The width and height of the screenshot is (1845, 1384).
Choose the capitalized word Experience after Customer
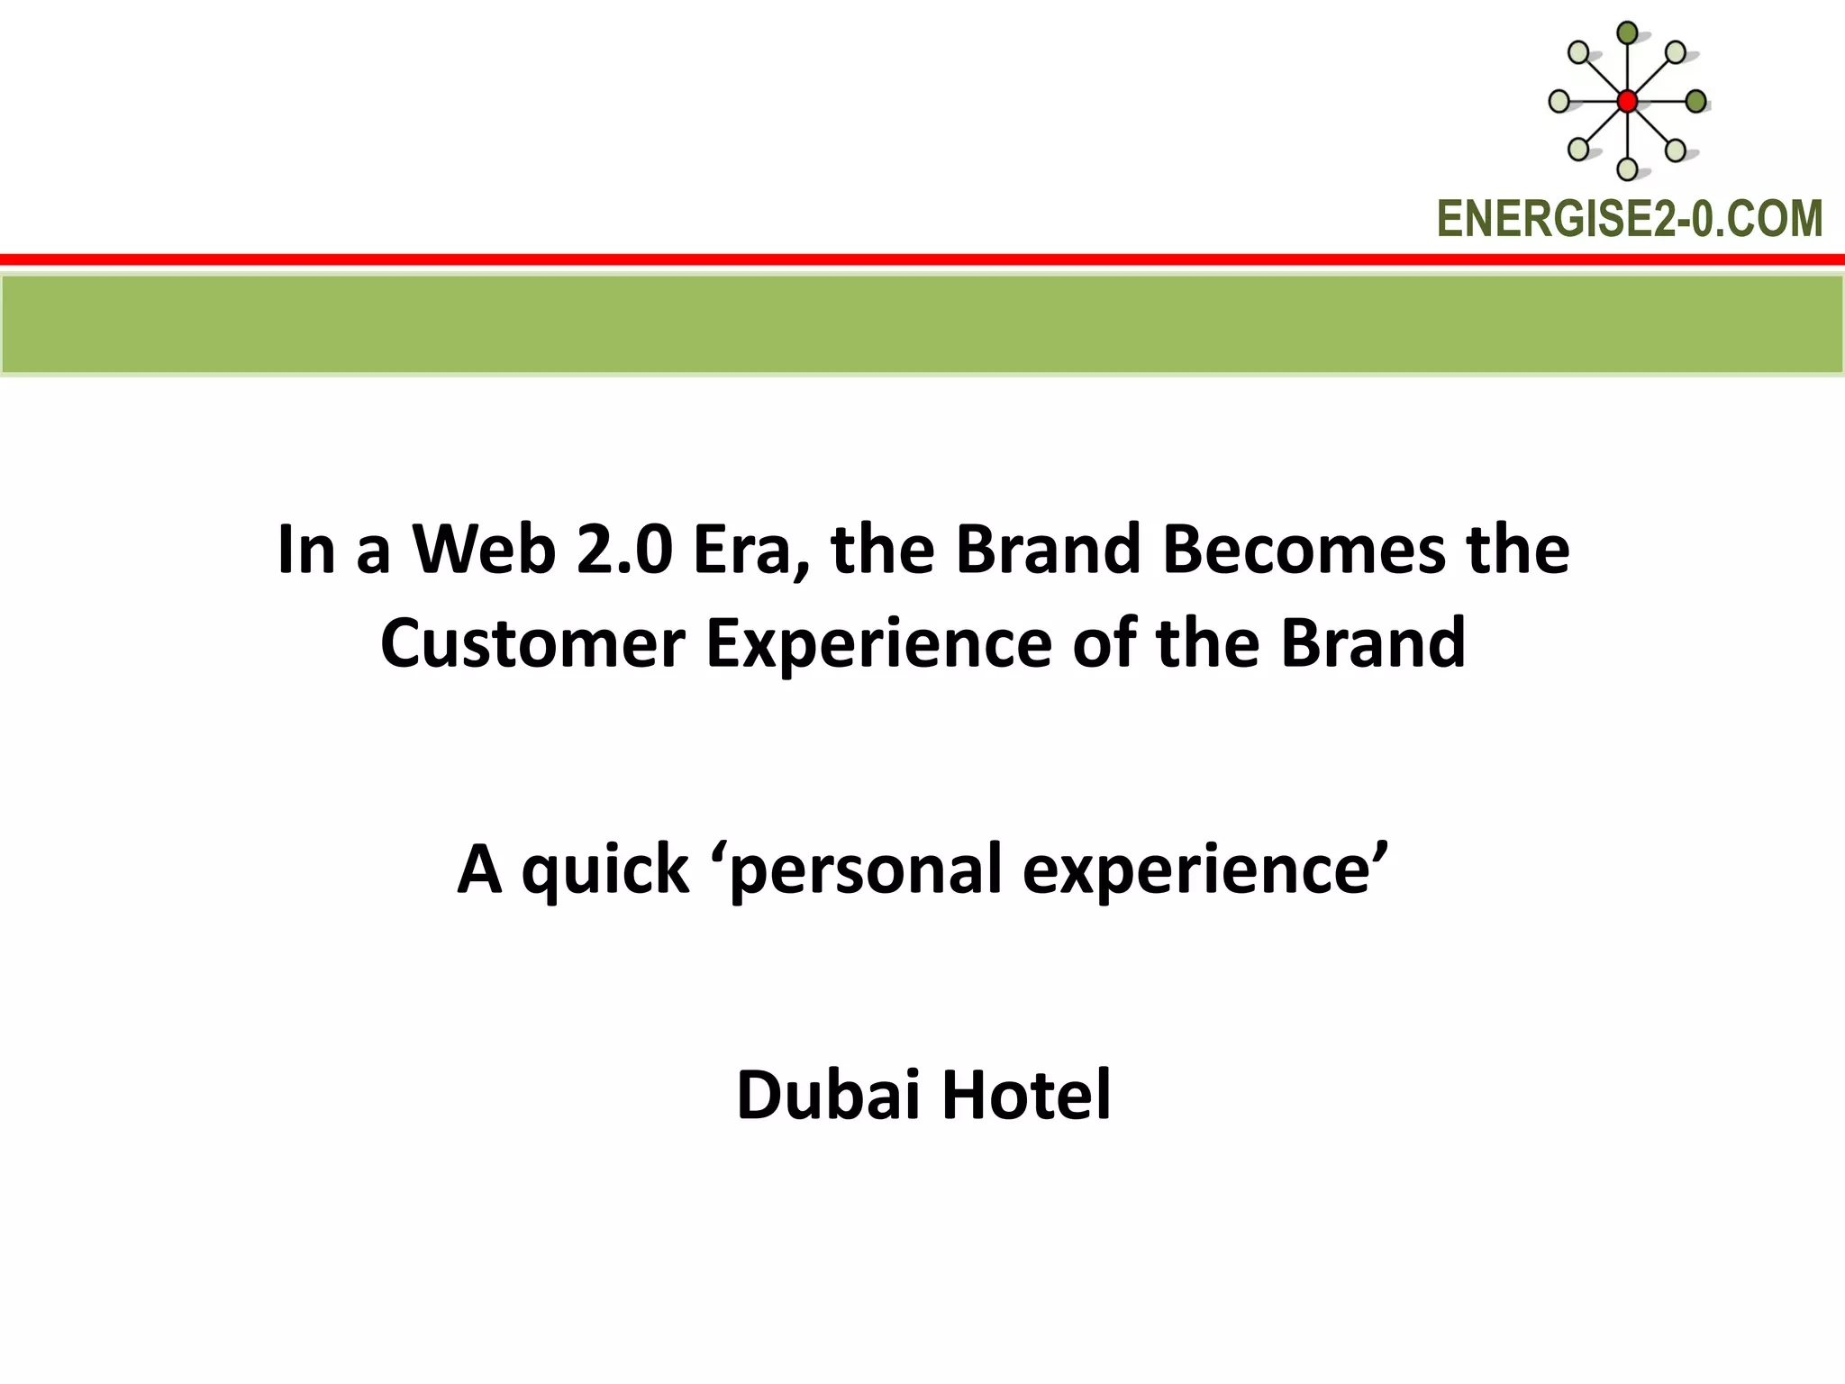click(877, 645)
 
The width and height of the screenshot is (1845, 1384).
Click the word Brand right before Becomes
click(1048, 550)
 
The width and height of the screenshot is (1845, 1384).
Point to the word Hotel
click(1026, 1096)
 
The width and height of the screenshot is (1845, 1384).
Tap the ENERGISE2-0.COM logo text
click(1629, 219)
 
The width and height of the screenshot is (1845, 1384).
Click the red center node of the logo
click(1627, 102)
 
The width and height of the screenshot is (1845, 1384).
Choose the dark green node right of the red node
click(1695, 102)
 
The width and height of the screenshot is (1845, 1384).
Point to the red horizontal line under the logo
click(922, 259)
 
